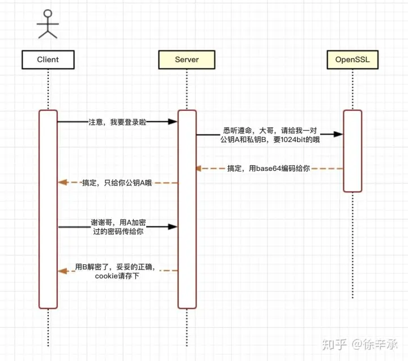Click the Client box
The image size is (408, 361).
click(x=48, y=59)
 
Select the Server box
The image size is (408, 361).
click(x=186, y=59)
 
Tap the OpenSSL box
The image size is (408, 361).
click(x=352, y=59)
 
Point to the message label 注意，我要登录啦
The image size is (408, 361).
click(x=117, y=121)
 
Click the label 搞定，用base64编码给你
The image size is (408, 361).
click(x=269, y=169)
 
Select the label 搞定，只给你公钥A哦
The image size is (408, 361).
click(x=117, y=183)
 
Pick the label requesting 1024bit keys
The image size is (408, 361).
click(x=270, y=134)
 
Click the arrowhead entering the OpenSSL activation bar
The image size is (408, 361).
click(x=339, y=134)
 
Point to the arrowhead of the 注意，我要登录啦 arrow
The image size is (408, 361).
click(x=173, y=121)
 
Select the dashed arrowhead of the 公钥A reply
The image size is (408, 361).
click(x=62, y=183)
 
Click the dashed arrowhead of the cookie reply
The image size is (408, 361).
click(x=62, y=271)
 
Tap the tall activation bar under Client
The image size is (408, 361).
click(x=48, y=209)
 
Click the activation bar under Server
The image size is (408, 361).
click(x=187, y=209)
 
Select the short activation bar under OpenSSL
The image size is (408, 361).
click(x=352, y=151)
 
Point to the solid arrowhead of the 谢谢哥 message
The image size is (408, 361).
click(x=173, y=227)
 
